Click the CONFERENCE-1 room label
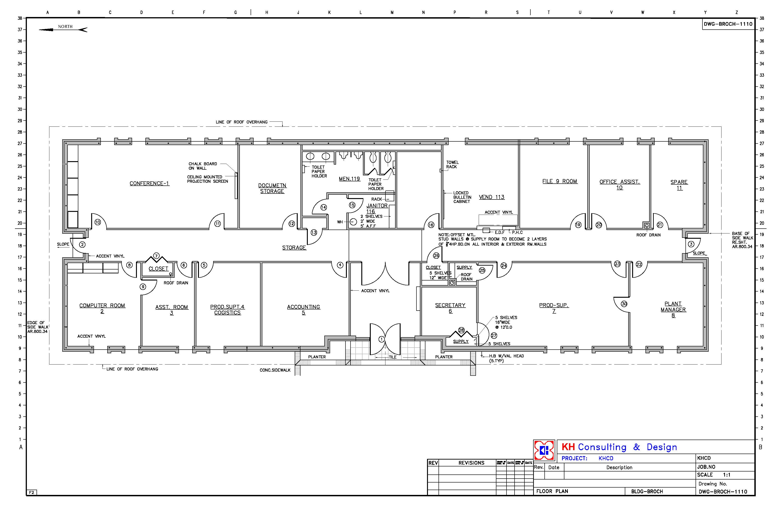pos(149,183)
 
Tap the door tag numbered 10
pos(97,222)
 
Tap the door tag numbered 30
pos(624,304)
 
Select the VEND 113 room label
pos(492,197)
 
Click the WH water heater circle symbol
pos(353,222)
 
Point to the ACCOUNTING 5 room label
pos(303,310)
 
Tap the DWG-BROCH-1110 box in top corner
pos(728,24)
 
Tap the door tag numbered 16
pos(431,225)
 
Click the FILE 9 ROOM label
pos(560,181)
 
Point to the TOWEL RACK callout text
pos(452,165)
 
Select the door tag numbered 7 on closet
pos(156,255)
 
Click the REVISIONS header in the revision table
pos(471,463)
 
